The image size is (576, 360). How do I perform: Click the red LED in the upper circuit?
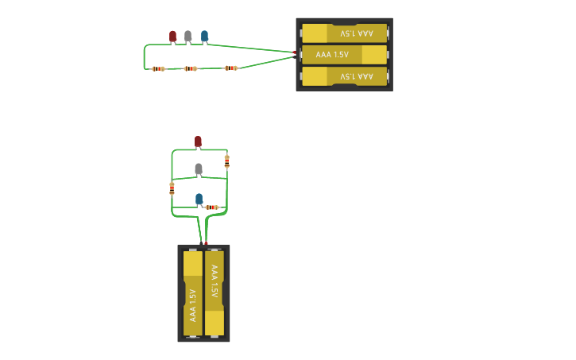coord(172,36)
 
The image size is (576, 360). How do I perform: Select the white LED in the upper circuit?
coord(187,36)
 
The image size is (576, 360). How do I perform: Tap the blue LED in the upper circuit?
coord(204,36)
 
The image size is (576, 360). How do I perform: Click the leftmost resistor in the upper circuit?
coord(158,68)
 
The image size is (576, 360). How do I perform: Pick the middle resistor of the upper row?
coord(191,68)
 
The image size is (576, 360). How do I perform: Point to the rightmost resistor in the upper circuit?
coord(230,68)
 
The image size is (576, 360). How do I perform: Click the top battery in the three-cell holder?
coord(344,33)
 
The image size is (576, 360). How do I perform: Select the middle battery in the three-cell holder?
coord(344,54)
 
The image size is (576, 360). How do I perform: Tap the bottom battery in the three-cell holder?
coord(344,76)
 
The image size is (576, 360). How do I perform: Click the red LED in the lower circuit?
coord(198,141)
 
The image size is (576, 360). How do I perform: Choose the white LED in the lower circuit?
coord(199,168)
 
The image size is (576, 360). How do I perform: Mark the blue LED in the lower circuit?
coord(199,199)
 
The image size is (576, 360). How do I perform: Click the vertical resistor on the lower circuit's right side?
coord(226,161)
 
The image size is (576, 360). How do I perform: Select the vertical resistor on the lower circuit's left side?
coord(172,188)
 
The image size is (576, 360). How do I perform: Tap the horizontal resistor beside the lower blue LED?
coord(211,207)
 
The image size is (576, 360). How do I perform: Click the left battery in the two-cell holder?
coord(193,293)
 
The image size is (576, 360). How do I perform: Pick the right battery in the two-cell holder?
coord(215,293)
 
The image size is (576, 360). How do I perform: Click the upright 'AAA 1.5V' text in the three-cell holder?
coord(332,54)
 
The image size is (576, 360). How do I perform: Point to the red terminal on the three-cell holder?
coord(294,52)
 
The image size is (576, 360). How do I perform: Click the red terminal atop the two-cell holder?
coord(206,243)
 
